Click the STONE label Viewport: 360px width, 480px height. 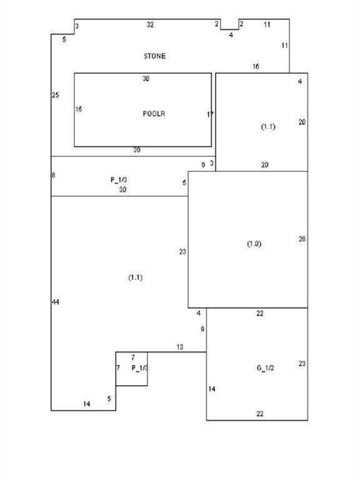click(154, 56)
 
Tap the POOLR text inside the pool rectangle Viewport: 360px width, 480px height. click(154, 114)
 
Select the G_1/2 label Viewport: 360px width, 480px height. click(266, 368)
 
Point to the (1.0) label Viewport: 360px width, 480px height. click(254, 244)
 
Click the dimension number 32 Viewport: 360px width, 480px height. click(150, 24)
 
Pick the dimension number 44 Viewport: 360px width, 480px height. click(56, 302)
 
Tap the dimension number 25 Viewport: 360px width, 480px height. click(55, 95)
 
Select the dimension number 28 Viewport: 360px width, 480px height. click(302, 239)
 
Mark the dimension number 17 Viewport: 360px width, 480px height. click(210, 114)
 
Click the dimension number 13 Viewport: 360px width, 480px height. click(180, 347)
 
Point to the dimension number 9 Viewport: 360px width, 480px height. click(202, 329)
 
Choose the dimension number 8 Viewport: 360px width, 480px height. click(54, 176)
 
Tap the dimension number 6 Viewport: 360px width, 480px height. click(203, 165)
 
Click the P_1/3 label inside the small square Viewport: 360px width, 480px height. click(139, 368)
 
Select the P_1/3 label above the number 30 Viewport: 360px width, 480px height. click(119, 180)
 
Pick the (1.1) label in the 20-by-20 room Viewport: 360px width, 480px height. click(268, 127)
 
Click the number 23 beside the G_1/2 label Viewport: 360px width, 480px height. click(302, 364)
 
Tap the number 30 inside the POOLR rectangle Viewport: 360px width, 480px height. click(146, 79)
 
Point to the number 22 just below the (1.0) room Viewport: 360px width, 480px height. click(260, 313)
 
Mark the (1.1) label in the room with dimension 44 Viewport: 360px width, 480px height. click(135, 277)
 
